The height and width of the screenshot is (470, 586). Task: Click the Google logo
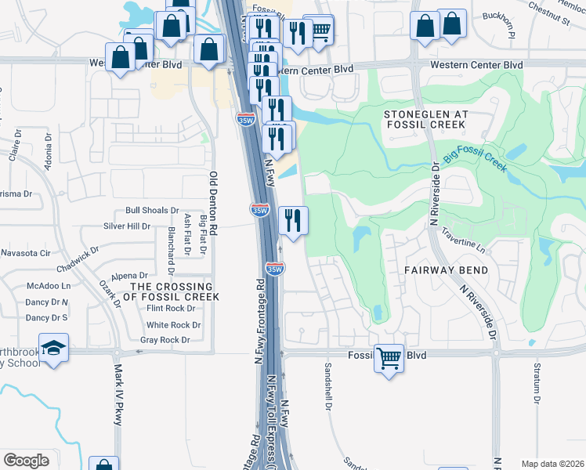pos(26,460)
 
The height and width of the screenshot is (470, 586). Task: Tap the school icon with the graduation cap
pos(53,349)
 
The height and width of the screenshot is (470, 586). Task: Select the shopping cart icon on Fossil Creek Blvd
pos(389,359)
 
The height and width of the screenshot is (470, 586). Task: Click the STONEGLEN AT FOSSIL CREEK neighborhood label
pos(426,119)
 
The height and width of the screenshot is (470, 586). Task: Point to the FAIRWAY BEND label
pos(446,270)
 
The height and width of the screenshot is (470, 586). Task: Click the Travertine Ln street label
pos(464,237)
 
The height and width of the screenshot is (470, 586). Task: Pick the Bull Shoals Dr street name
pos(152,211)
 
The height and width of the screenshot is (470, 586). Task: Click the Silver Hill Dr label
pos(127,226)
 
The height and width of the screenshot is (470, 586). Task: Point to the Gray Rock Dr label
pos(165,340)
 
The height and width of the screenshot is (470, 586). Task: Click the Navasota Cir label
pos(25,254)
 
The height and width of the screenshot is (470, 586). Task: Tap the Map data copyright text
pos(552,464)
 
